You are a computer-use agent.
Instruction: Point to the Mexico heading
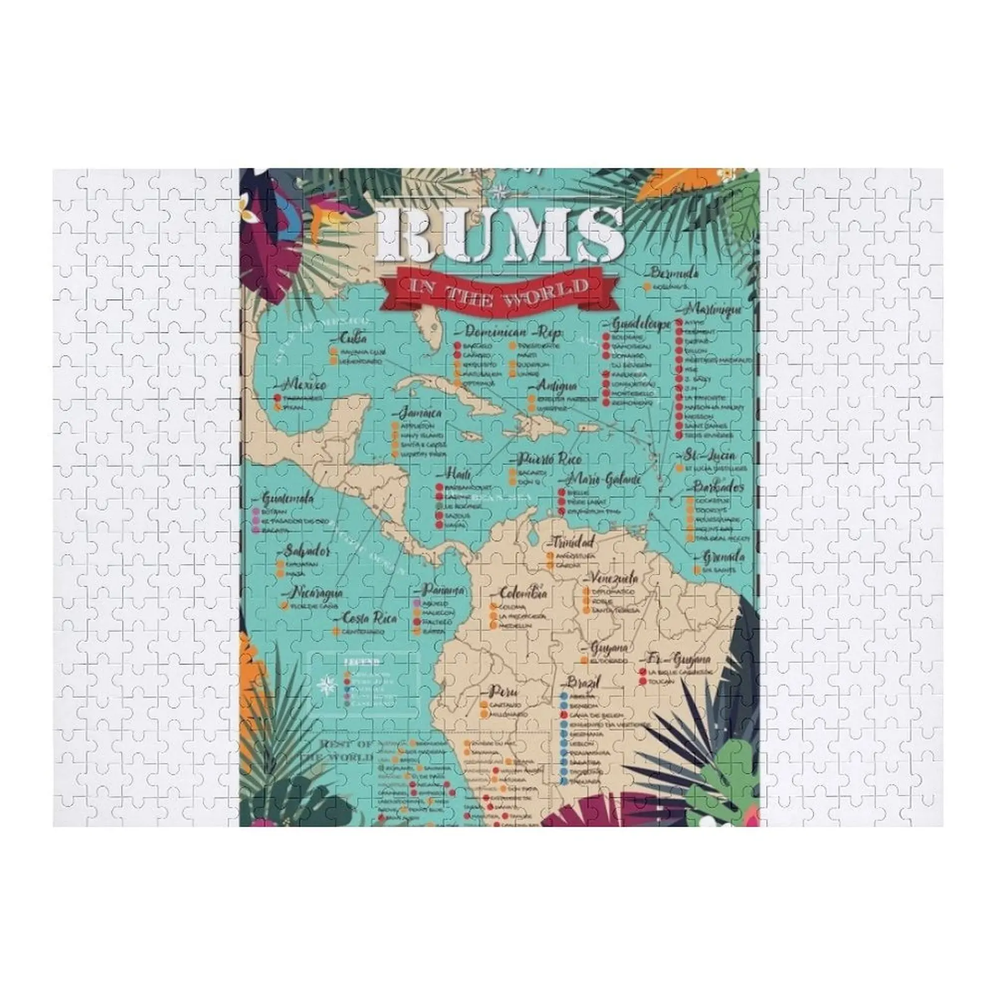coord(305,384)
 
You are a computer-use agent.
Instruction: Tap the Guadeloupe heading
coord(641,324)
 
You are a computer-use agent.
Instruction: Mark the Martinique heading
coord(714,309)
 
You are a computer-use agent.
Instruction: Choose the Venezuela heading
coord(614,578)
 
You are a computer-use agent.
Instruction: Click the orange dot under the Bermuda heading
coord(647,286)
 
